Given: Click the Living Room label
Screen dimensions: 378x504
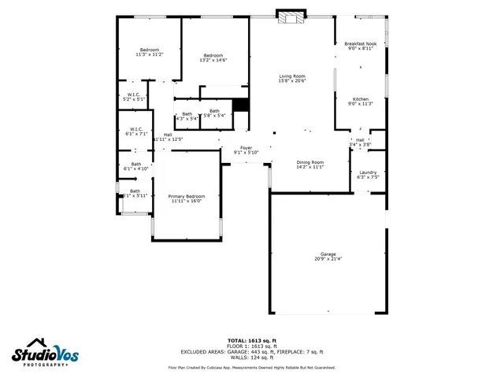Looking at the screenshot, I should (x=292, y=76).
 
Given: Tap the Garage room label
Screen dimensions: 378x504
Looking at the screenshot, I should (x=328, y=254).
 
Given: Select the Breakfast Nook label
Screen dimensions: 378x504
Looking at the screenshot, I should (x=361, y=44).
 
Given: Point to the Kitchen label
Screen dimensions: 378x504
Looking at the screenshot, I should (x=360, y=99).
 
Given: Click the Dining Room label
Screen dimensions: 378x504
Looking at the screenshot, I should (x=309, y=162).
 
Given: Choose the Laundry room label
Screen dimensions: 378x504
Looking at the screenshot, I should (x=368, y=172).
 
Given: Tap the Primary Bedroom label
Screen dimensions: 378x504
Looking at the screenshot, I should (x=187, y=196).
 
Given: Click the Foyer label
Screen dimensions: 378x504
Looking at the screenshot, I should (x=246, y=148).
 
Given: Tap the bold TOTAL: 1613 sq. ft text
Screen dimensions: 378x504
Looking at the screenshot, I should (x=252, y=340).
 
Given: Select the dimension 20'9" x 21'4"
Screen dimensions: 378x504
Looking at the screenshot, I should (x=328, y=259).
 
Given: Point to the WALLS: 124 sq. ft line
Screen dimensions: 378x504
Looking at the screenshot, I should (x=252, y=357).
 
